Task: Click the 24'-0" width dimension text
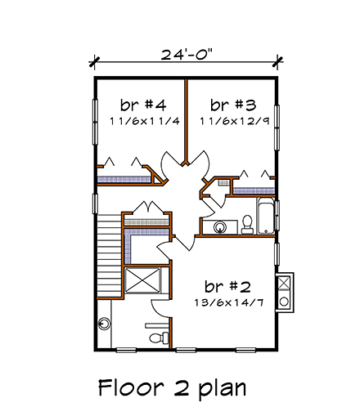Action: pyautogui.click(x=186, y=56)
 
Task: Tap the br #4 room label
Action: pyautogui.click(x=143, y=105)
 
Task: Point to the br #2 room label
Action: pyautogui.click(x=227, y=287)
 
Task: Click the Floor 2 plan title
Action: pyautogui.click(x=172, y=386)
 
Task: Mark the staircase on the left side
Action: pyautogui.click(x=109, y=253)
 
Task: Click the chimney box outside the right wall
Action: pyautogui.click(x=286, y=292)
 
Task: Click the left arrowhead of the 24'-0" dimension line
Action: pyautogui.click(x=95, y=60)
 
